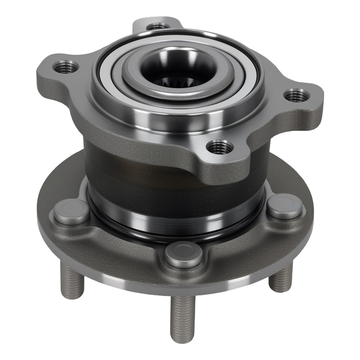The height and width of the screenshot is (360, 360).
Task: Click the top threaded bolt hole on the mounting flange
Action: tap(158, 26)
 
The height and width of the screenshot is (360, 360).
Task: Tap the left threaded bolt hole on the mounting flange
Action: tap(66, 67)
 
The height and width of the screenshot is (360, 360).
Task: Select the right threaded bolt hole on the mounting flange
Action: tap(296, 95)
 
